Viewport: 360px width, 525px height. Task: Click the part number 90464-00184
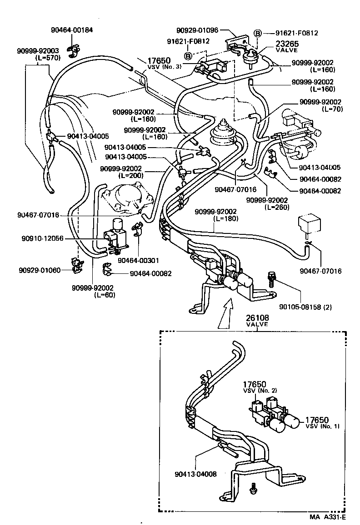click(71, 30)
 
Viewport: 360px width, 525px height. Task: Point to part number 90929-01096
click(198, 30)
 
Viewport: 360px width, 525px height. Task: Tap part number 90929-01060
click(40, 270)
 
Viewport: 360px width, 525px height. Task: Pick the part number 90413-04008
click(195, 474)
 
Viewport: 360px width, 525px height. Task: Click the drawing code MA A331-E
click(328, 517)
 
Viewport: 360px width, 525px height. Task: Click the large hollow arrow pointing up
click(225, 316)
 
